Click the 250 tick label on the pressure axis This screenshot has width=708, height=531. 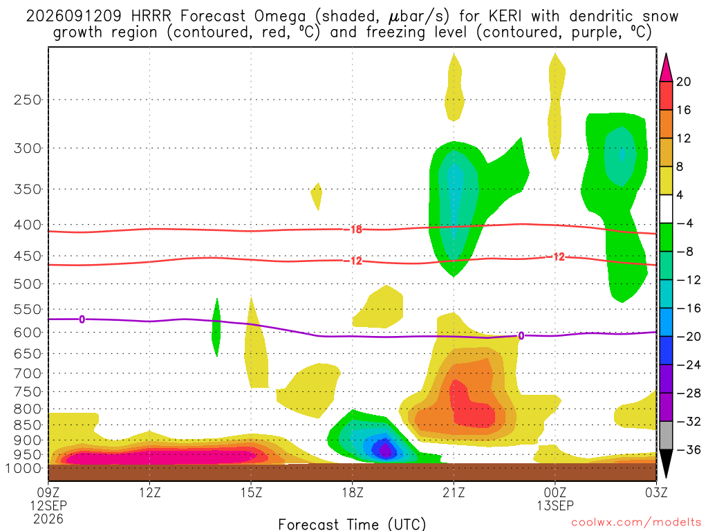[28, 100]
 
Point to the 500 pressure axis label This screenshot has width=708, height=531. [28, 284]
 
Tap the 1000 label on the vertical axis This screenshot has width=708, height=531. [24, 468]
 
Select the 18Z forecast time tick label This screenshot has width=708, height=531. [353, 492]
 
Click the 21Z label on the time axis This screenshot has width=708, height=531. [454, 492]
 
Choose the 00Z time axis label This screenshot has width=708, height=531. [555, 492]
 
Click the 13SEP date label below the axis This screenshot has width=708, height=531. [555, 505]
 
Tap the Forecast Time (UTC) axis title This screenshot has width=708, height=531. [352, 524]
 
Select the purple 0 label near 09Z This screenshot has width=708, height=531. [82, 319]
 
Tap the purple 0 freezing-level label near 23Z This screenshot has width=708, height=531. [521, 336]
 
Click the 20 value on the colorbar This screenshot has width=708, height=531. [684, 82]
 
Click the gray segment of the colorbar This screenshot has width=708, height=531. [666, 436]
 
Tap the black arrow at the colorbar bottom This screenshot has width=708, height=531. [666, 463]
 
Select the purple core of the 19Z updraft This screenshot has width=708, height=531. [384, 449]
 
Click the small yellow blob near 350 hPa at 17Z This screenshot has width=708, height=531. [317, 196]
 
